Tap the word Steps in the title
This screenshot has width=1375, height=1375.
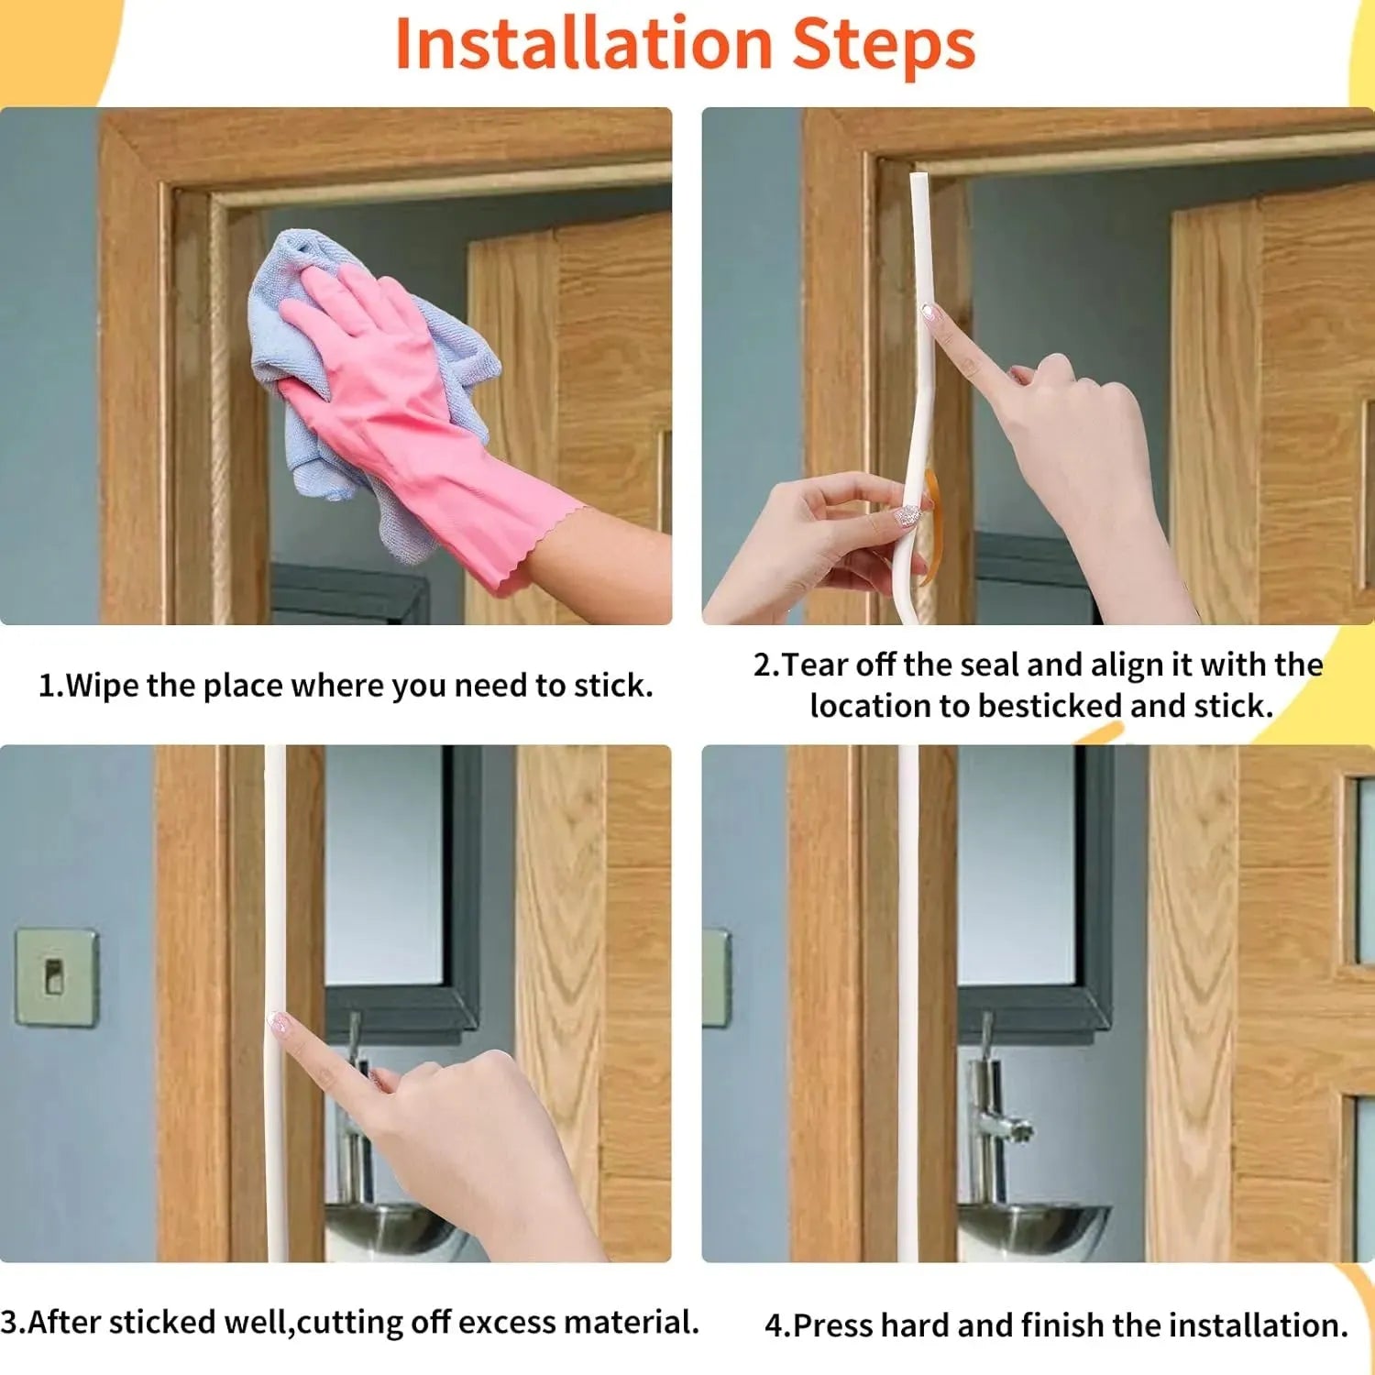884,44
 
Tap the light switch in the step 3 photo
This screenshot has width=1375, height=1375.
56,977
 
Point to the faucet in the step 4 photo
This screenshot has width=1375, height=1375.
995,1109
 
